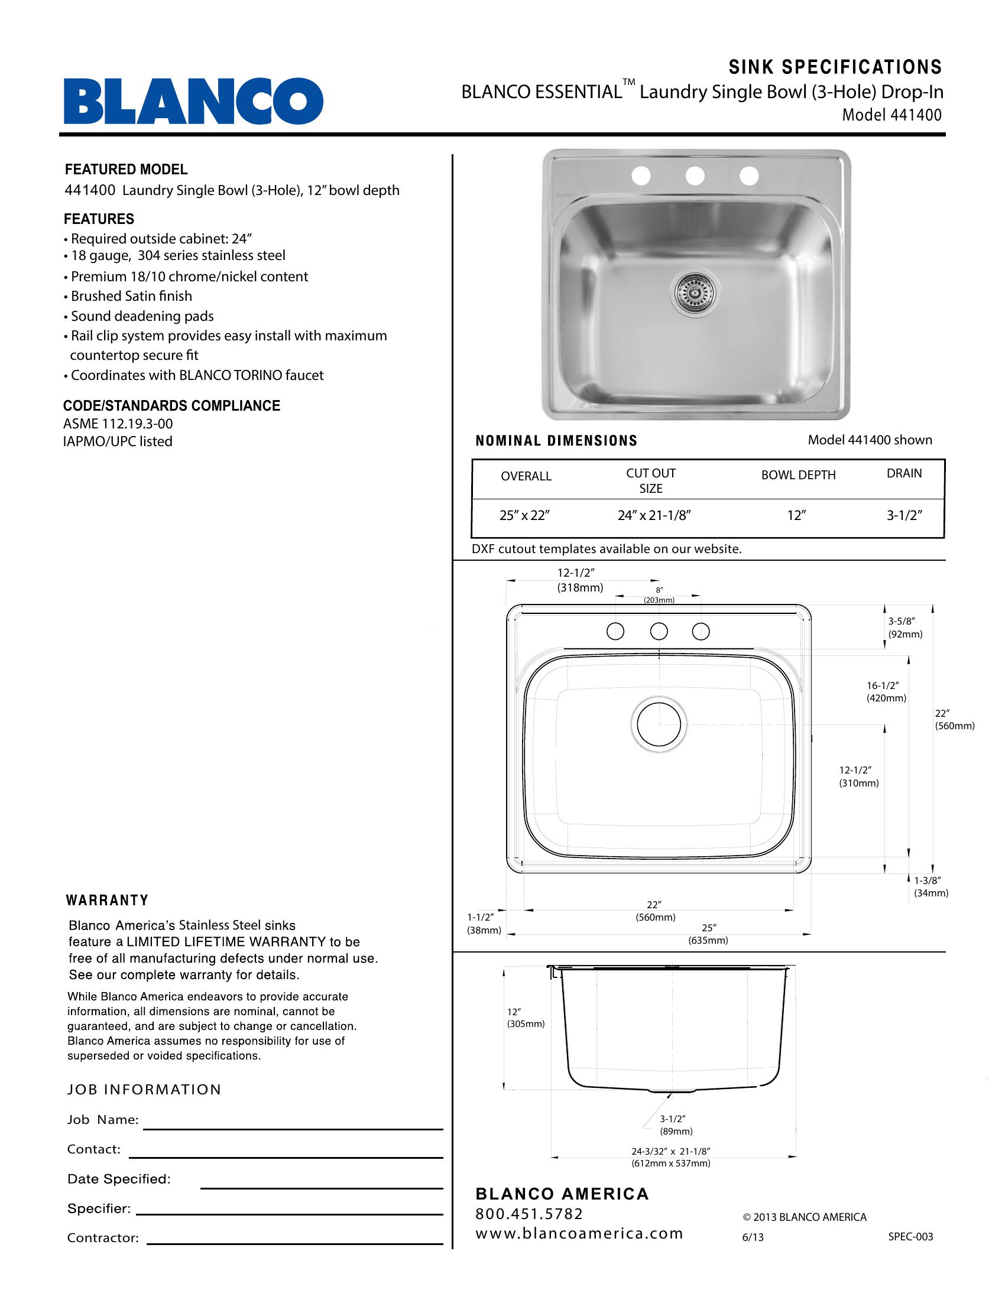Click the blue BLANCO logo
click(193, 100)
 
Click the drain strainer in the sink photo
click(694, 292)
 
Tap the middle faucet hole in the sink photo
click(695, 175)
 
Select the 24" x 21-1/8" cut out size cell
click(654, 515)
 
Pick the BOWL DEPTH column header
click(798, 475)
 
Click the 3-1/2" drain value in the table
click(904, 515)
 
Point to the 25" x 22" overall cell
click(524, 515)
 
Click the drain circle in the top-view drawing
click(659, 724)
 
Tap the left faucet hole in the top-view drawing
click(615, 631)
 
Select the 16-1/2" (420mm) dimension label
click(886, 692)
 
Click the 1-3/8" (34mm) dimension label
click(931, 886)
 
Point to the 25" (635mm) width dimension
click(708, 934)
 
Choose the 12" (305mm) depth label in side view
click(525, 1018)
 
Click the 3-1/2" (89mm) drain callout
click(676, 1125)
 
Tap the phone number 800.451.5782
click(529, 1214)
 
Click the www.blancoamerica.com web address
click(579, 1233)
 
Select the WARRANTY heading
click(107, 901)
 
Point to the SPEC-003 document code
click(910, 1236)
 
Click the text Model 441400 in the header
click(891, 115)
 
